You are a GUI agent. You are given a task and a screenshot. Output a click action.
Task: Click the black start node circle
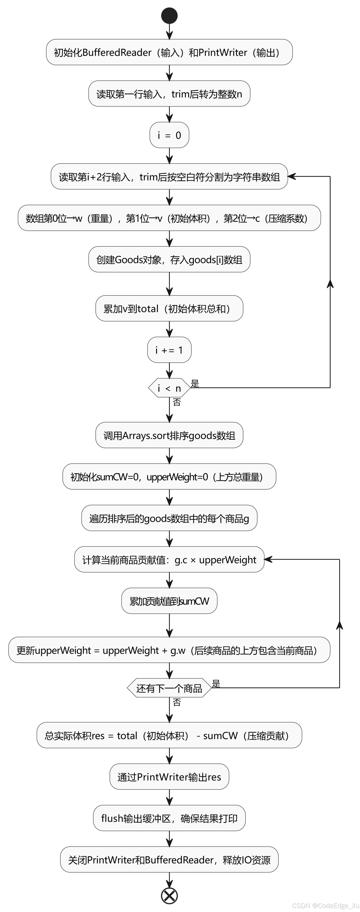pos(169,15)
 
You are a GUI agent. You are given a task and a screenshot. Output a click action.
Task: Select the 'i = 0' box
pos(169,135)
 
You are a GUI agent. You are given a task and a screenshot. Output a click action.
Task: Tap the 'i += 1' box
pos(169,350)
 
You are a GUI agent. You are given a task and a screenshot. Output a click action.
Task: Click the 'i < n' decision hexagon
pos(169,388)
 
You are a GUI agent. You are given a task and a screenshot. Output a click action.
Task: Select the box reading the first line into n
pos(169,94)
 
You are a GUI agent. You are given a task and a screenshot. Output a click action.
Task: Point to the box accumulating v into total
pos(169,309)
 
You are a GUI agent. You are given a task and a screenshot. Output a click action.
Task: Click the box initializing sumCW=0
pos(169,477)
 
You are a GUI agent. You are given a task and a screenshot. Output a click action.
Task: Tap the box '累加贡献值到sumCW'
pos(169,601)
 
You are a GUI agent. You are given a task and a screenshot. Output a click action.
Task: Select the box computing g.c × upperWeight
pos(169,560)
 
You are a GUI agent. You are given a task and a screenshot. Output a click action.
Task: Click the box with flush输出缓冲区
pos(169,818)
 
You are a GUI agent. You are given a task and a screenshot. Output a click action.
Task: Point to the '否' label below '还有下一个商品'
pos(177,702)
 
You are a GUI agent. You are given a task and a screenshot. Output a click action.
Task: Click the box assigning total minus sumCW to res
pos(169,735)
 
